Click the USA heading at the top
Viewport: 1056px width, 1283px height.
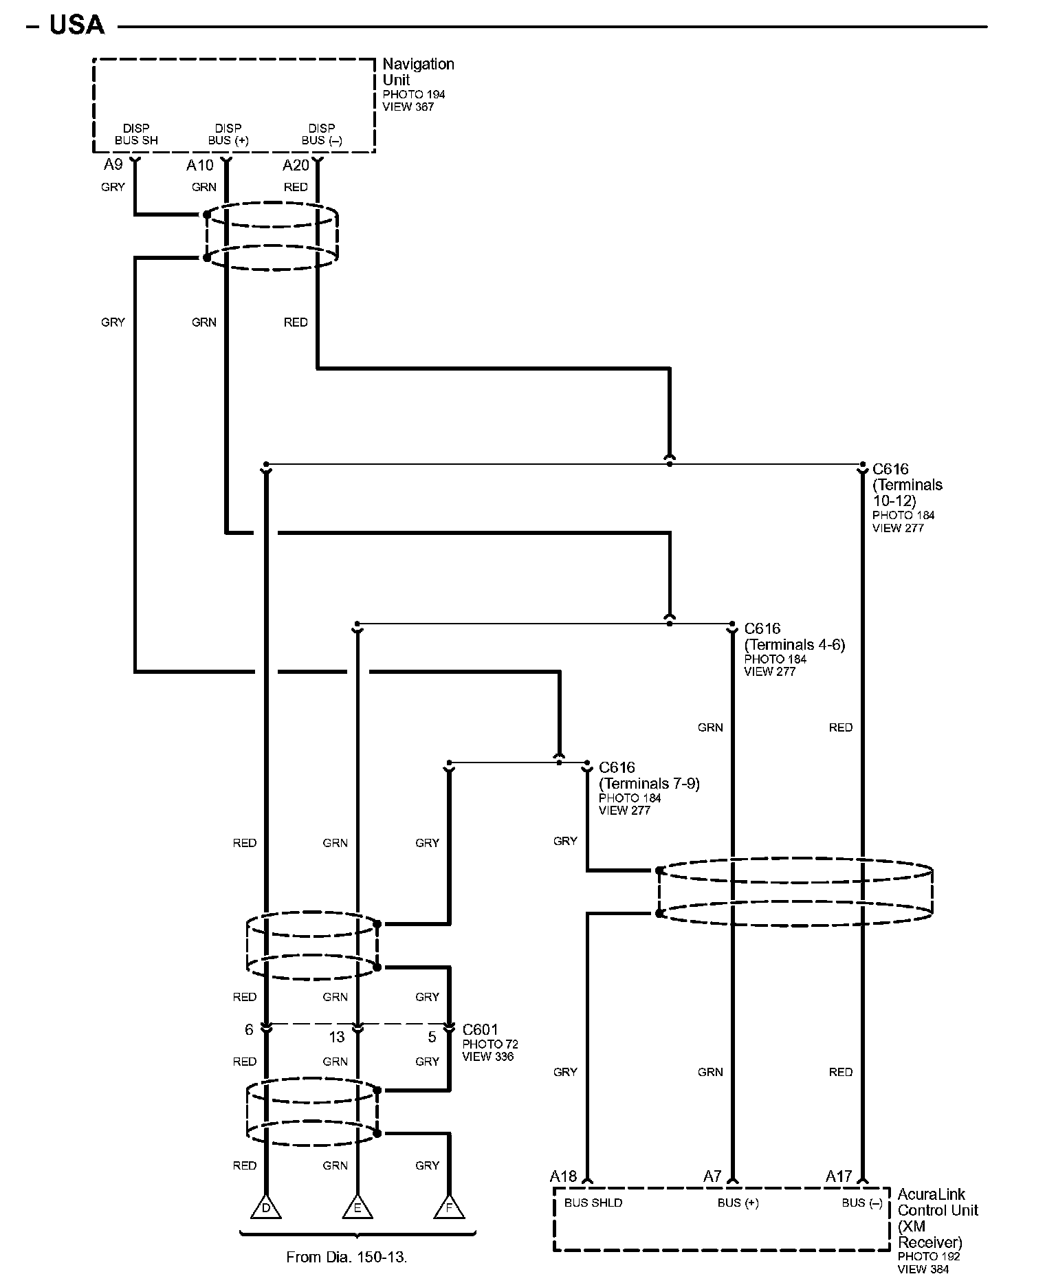[x=76, y=25]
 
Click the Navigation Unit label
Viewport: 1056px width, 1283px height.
[x=418, y=72]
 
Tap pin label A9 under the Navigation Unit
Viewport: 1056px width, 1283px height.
[x=113, y=164]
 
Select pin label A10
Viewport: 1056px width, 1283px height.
[x=199, y=165]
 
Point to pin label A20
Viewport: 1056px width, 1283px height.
[x=296, y=165]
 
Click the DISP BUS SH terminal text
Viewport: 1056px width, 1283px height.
[x=136, y=134]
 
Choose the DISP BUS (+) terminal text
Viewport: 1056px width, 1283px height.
[x=228, y=134]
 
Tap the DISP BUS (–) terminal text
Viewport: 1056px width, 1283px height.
[x=322, y=134]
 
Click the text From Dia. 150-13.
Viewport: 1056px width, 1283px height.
[x=346, y=1257]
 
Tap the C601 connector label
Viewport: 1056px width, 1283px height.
[x=480, y=1029]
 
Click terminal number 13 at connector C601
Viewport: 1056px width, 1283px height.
[x=337, y=1037]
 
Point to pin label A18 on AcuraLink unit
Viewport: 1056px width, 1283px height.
[x=563, y=1176]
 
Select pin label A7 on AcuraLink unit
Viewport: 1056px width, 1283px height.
[x=712, y=1176]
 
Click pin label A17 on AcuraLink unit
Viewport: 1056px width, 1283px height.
[x=839, y=1176]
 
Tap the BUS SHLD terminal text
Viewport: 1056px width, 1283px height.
[x=593, y=1203]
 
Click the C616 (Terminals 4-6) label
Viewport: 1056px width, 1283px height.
[x=794, y=637]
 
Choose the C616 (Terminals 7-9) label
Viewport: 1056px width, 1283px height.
[x=649, y=776]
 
